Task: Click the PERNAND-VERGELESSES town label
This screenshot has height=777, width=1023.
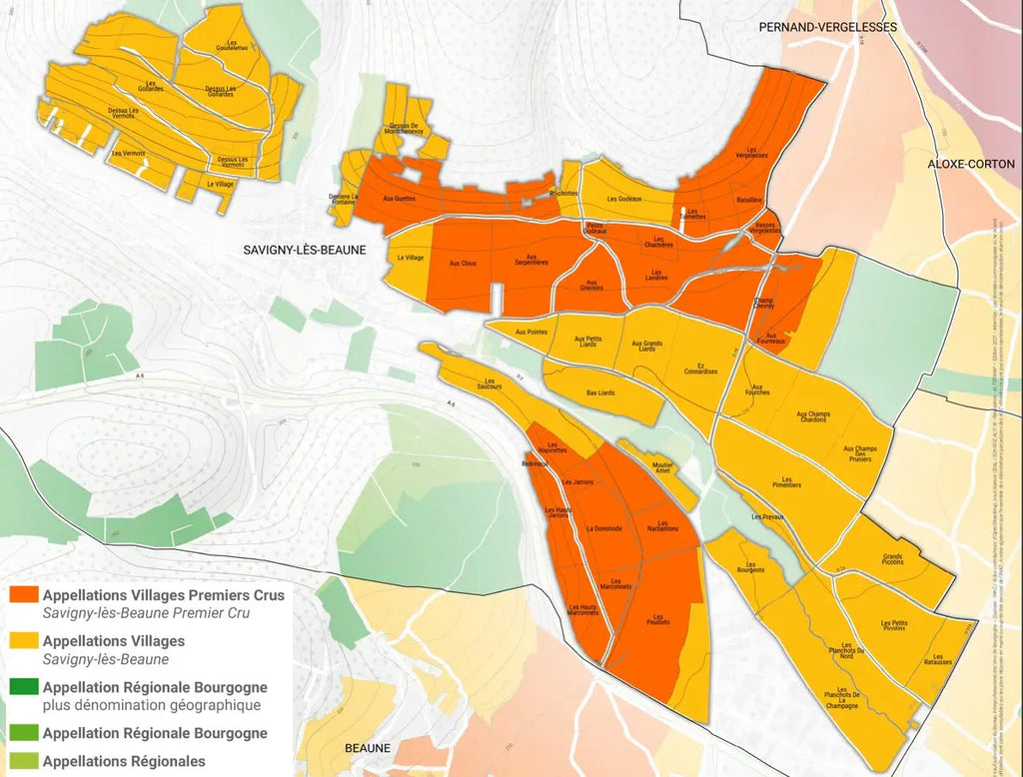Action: [x=827, y=27]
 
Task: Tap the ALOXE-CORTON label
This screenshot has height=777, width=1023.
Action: [x=971, y=163]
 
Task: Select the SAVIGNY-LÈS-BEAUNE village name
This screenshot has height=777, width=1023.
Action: [x=305, y=250]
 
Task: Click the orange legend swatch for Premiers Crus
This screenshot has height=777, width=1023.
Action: [x=24, y=595]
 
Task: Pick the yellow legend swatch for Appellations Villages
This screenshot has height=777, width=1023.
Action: [x=24, y=641]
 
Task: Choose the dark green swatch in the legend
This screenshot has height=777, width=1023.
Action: [x=24, y=687]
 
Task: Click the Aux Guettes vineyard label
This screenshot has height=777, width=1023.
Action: [x=400, y=200]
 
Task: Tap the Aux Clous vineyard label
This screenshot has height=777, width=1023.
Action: [x=463, y=263]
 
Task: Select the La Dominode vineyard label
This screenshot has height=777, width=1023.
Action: [x=604, y=527]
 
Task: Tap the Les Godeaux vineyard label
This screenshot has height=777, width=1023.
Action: [x=623, y=199]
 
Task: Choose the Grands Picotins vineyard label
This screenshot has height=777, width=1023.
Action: [x=892, y=560]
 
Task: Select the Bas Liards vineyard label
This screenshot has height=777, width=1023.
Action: [x=600, y=392]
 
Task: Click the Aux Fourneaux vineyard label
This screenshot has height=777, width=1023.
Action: [x=776, y=338]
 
